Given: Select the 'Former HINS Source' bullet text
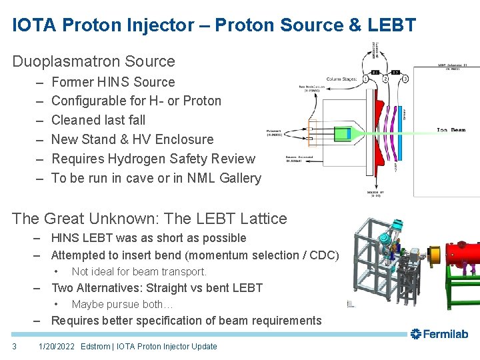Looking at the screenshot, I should tap(113, 82).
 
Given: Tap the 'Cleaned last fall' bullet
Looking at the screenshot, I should tap(98, 120).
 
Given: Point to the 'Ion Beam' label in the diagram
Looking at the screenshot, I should tap(451, 130).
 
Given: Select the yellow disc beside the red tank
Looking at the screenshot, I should tap(434, 255).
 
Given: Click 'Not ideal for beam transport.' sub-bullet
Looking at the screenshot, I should tap(139, 271).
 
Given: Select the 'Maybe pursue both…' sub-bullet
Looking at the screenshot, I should tap(122, 305).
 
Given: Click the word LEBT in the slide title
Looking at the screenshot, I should tap(394, 25).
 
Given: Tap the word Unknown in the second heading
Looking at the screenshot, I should tap(132, 218).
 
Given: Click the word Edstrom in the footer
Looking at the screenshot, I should tap(95, 347).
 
